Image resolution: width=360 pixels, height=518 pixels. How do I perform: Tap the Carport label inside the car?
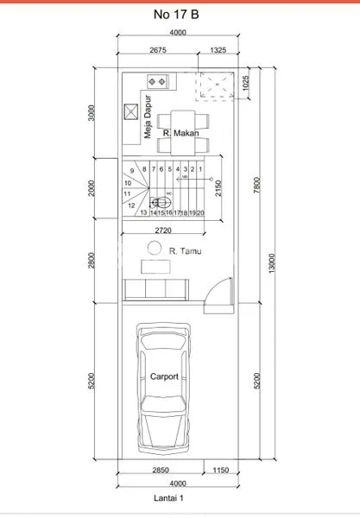point(164,376)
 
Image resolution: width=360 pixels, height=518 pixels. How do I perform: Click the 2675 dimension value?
point(157,51)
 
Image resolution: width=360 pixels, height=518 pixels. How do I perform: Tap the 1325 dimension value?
point(218,51)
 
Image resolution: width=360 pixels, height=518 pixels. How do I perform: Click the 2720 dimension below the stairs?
point(167,231)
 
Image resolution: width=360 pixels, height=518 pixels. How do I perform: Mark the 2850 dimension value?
point(159,470)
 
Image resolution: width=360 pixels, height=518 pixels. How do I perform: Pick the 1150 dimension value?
point(219,470)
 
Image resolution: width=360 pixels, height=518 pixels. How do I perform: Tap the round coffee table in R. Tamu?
point(154,249)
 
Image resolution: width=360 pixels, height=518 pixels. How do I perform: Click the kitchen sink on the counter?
point(158,82)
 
